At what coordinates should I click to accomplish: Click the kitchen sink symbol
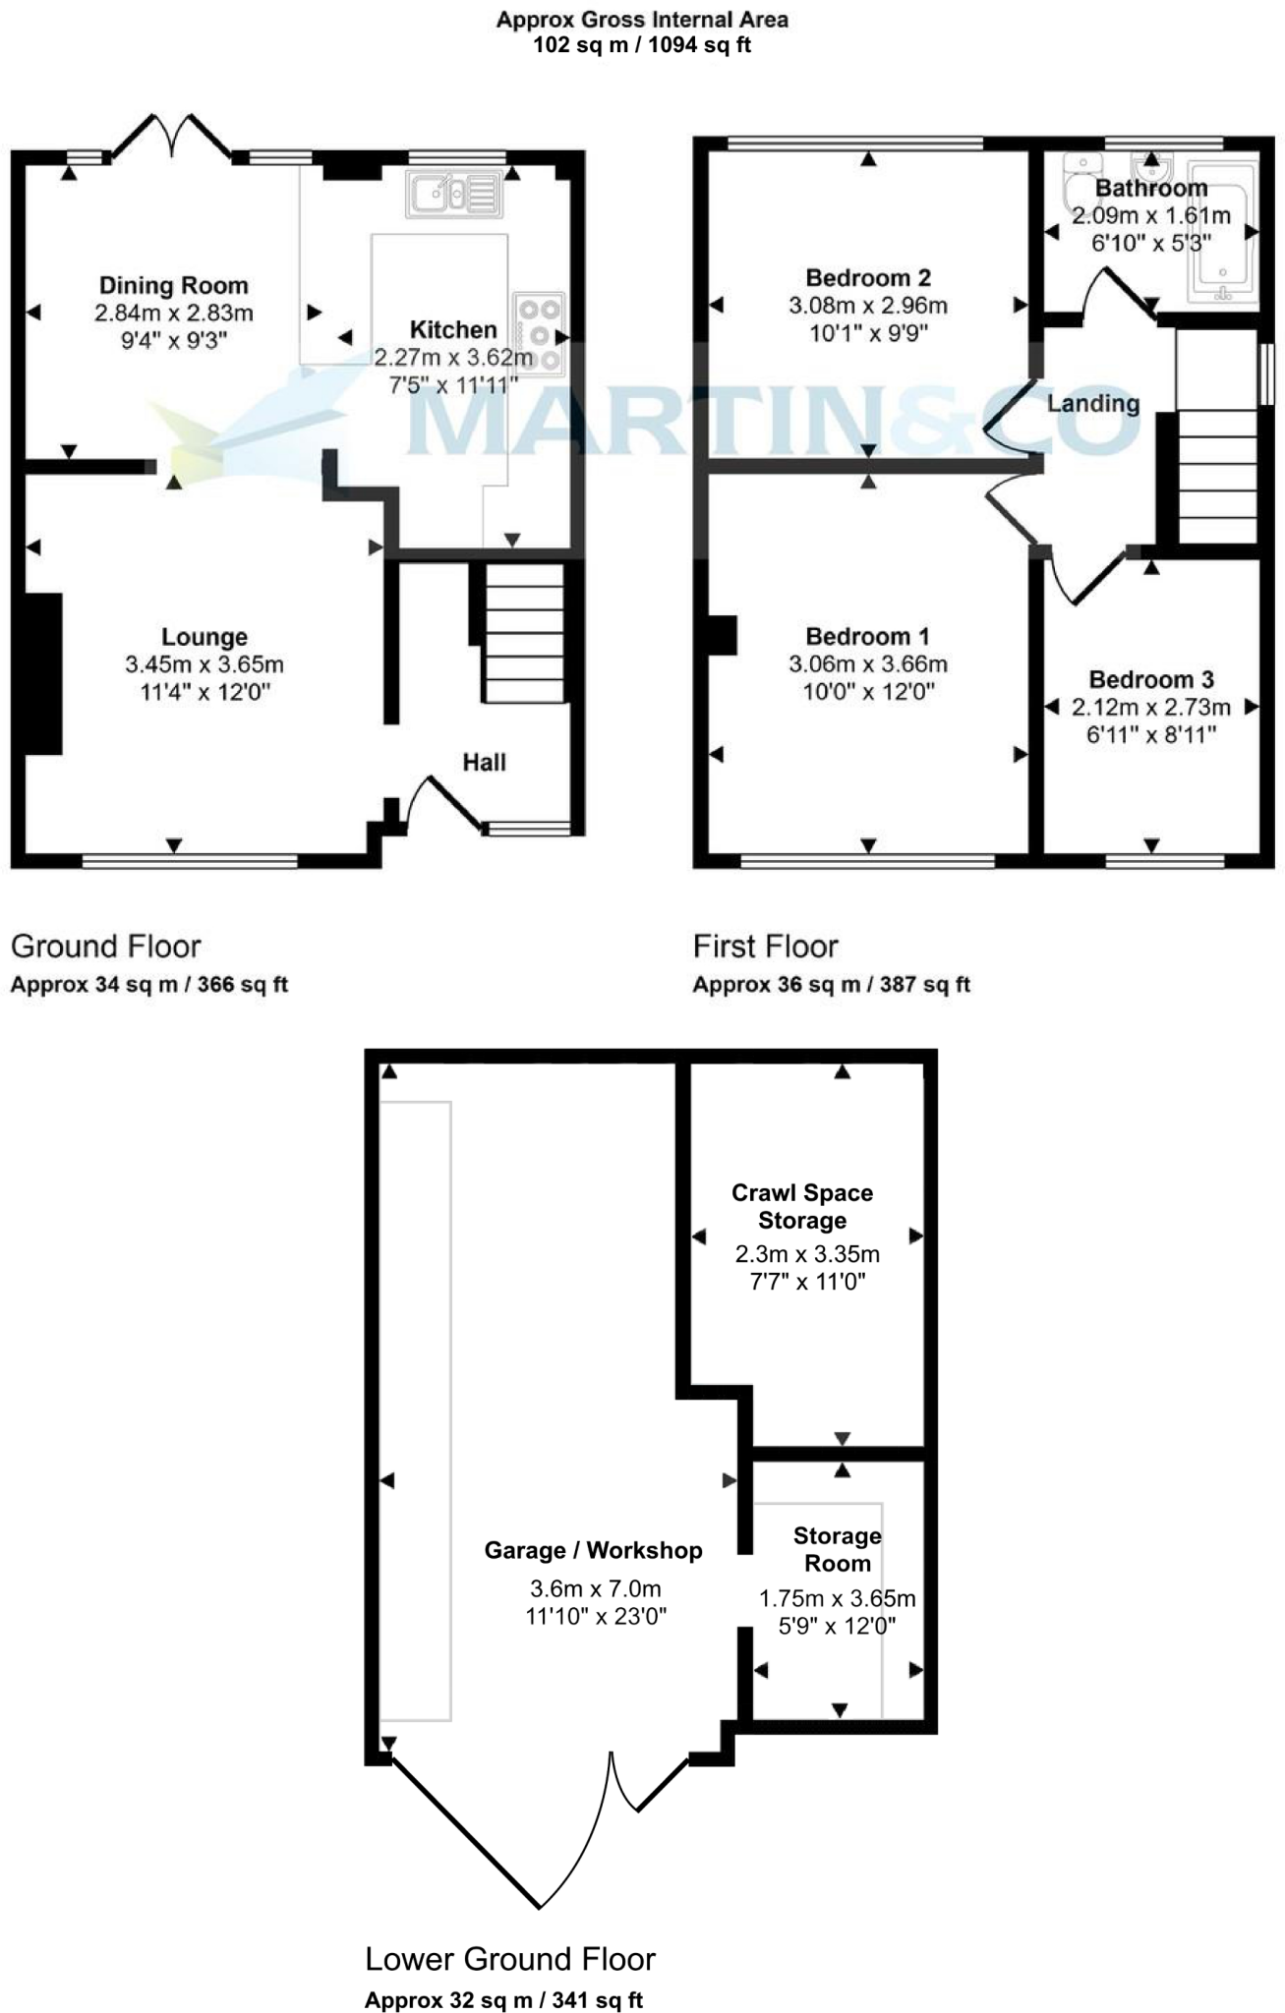coord(454,194)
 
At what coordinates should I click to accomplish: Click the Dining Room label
coord(174,286)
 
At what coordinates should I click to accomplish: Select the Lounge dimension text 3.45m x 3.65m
coord(204,665)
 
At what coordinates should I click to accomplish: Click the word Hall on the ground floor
coord(484,763)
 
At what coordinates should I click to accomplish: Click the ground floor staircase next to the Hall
coord(525,634)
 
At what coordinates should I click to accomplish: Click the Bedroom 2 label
coord(868,278)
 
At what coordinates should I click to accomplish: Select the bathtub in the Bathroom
coord(1223,233)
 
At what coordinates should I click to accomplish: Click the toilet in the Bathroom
coord(1081,182)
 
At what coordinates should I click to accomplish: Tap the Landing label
coord(1093,404)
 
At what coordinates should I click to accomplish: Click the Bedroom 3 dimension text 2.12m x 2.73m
coord(1151,708)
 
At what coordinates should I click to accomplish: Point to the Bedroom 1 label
coord(868,637)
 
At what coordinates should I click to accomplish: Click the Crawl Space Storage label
coord(802,1207)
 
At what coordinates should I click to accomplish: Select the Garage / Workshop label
coord(593,1551)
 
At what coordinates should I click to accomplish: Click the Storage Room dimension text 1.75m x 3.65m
coord(837,1599)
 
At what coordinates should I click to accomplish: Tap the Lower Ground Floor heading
coord(509,1959)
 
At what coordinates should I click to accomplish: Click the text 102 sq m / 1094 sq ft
coord(642,44)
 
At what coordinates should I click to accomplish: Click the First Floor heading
coord(765,947)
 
